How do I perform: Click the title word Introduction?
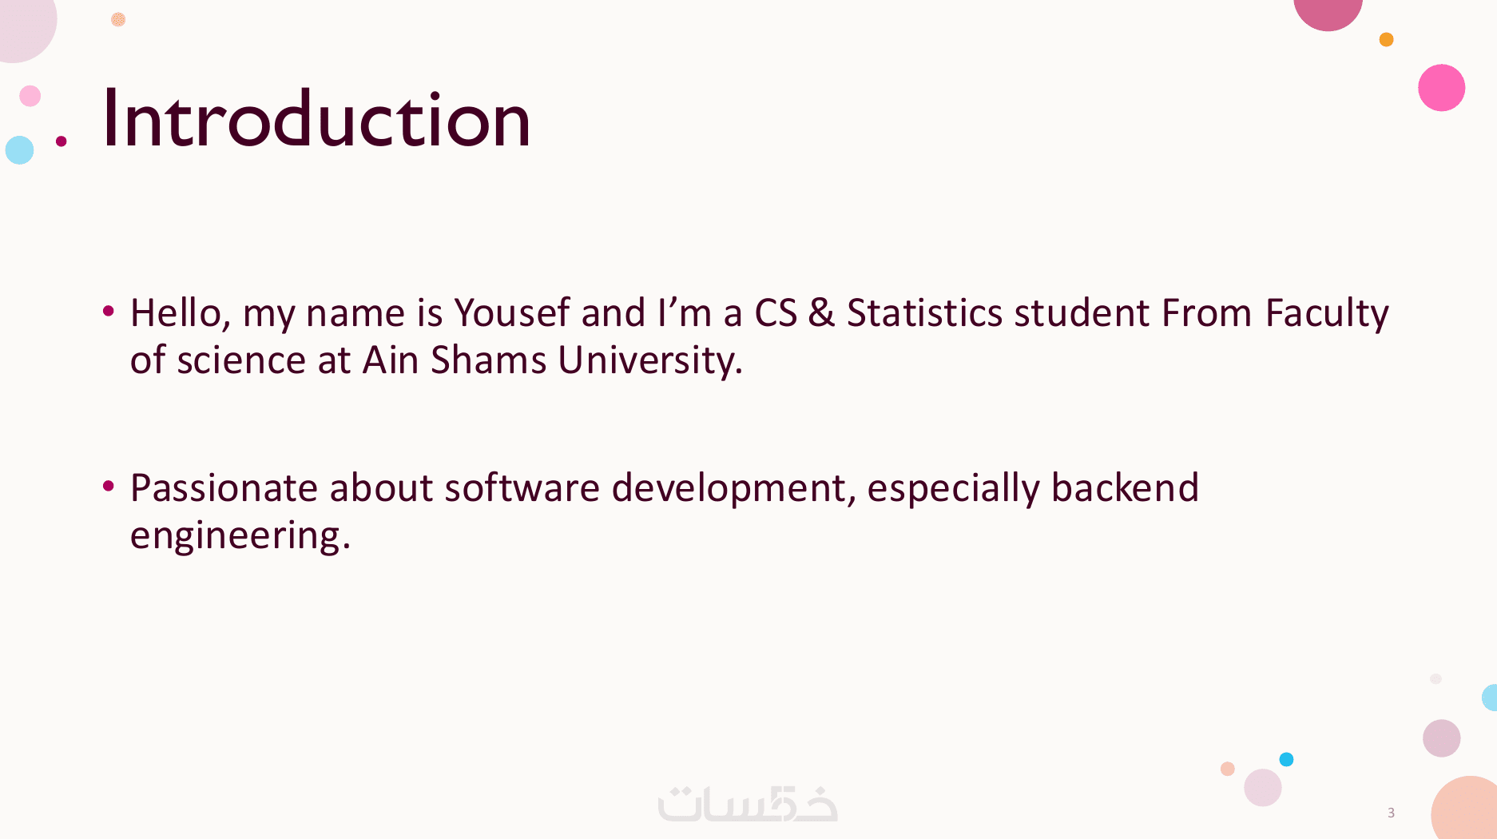click(x=316, y=119)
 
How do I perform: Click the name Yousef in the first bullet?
click(x=512, y=312)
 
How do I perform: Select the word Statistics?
click(x=924, y=312)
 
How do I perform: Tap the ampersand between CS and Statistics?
click(x=821, y=312)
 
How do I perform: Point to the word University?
click(x=650, y=361)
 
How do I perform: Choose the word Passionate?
click(x=224, y=487)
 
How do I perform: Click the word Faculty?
click(x=1327, y=314)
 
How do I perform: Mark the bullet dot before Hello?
click(x=109, y=310)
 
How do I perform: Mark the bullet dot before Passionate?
click(x=109, y=485)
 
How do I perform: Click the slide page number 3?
click(x=1391, y=813)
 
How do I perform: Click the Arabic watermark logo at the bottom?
click(x=748, y=804)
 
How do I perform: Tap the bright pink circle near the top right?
click(x=1441, y=88)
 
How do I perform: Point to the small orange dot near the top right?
click(x=1386, y=39)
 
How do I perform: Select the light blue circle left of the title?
click(x=19, y=149)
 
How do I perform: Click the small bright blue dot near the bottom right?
click(x=1286, y=759)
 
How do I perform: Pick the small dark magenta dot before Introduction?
click(x=61, y=141)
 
